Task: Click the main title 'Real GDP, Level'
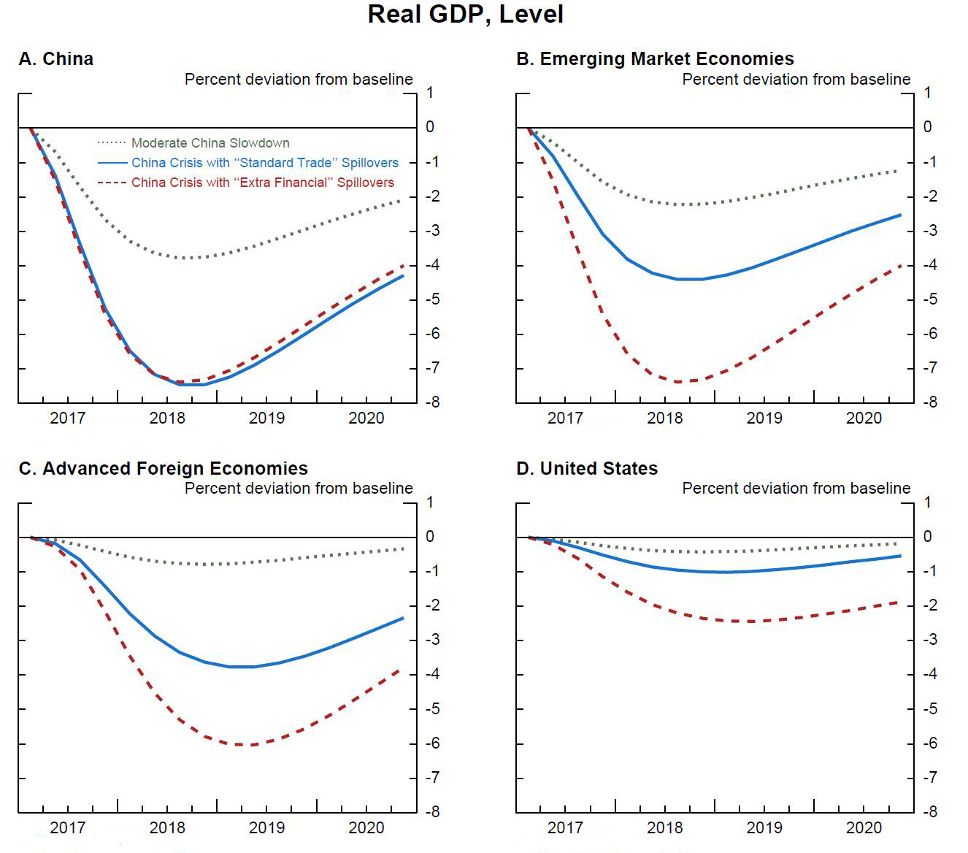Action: point(465,15)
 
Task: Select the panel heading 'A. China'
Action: point(56,59)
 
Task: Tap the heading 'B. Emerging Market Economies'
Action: point(655,59)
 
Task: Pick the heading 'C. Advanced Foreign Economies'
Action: point(163,469)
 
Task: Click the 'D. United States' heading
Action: point(587,469)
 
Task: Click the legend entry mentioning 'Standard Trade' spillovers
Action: point(264,163)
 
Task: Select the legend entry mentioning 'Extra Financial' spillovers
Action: point(262,183)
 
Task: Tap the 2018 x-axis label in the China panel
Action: point(167,418)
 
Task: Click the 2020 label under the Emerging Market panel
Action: point(864,418)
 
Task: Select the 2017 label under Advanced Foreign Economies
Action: point(67,828)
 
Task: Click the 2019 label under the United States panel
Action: point(764,828)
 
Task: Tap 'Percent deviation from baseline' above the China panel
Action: point(299,80)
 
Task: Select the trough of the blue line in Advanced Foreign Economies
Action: point(242,667)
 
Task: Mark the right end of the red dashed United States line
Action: point(899,603)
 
